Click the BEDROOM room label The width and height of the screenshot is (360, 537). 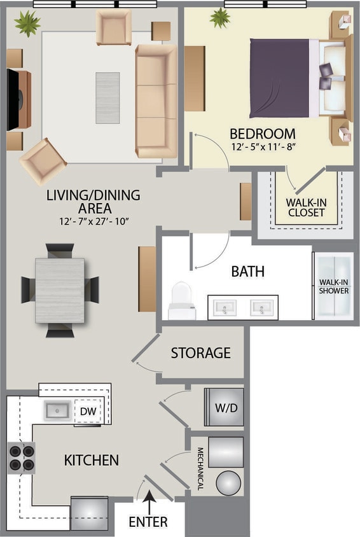click(262, 134)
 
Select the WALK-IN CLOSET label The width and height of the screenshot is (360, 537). click(306, 207)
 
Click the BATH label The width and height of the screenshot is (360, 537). click(247, 272)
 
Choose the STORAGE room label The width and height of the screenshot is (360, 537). click(200, 352)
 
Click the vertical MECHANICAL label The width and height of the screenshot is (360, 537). click(200, 468)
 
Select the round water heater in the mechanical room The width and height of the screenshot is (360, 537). click(228, 483)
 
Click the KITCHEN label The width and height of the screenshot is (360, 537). click(91, 459)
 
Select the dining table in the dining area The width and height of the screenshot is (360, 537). click(60, 290)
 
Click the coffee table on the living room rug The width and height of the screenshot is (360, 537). click(107, 97)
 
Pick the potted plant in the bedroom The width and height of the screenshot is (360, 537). click(221, 18)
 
